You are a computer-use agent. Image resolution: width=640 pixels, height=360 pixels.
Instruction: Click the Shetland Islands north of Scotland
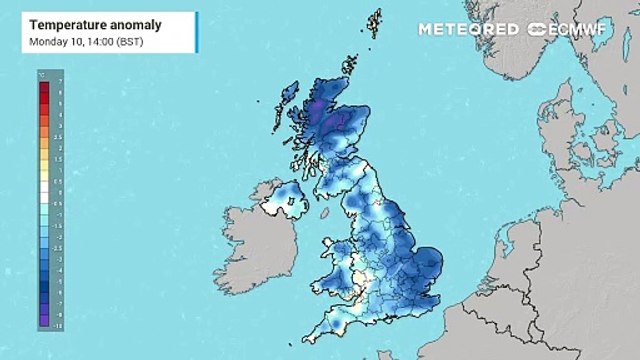pos(374,24)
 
